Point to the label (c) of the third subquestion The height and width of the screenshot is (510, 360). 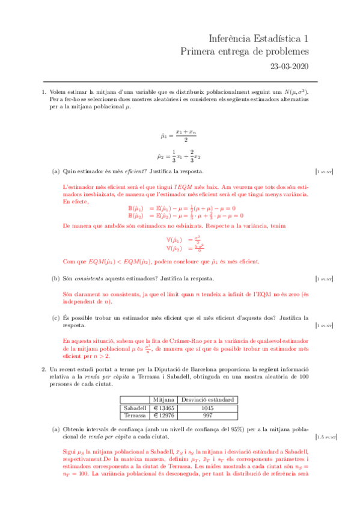(55, 318)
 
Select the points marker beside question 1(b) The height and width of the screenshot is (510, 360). (325, 279)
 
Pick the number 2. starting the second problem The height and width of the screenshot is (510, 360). (44, 369)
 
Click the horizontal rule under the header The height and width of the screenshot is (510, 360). (180, 81)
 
